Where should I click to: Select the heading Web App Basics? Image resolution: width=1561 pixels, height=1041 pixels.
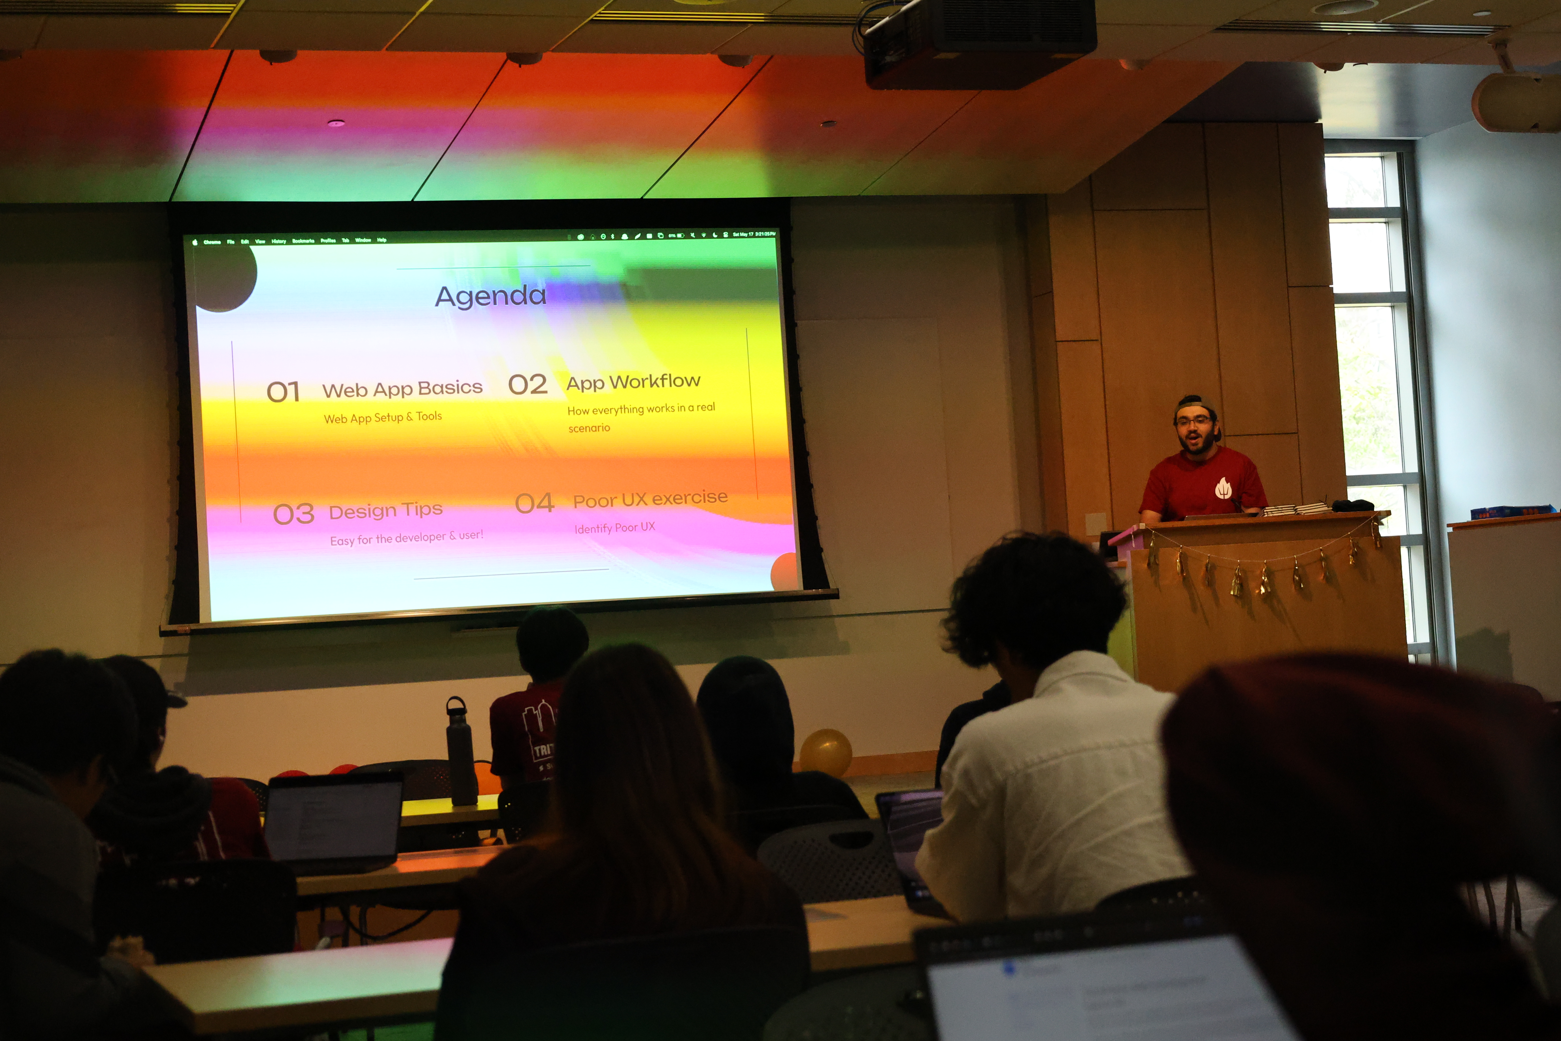402,388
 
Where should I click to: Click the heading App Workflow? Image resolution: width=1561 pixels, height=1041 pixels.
633,382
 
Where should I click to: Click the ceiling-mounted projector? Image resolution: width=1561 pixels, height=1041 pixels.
979,43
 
